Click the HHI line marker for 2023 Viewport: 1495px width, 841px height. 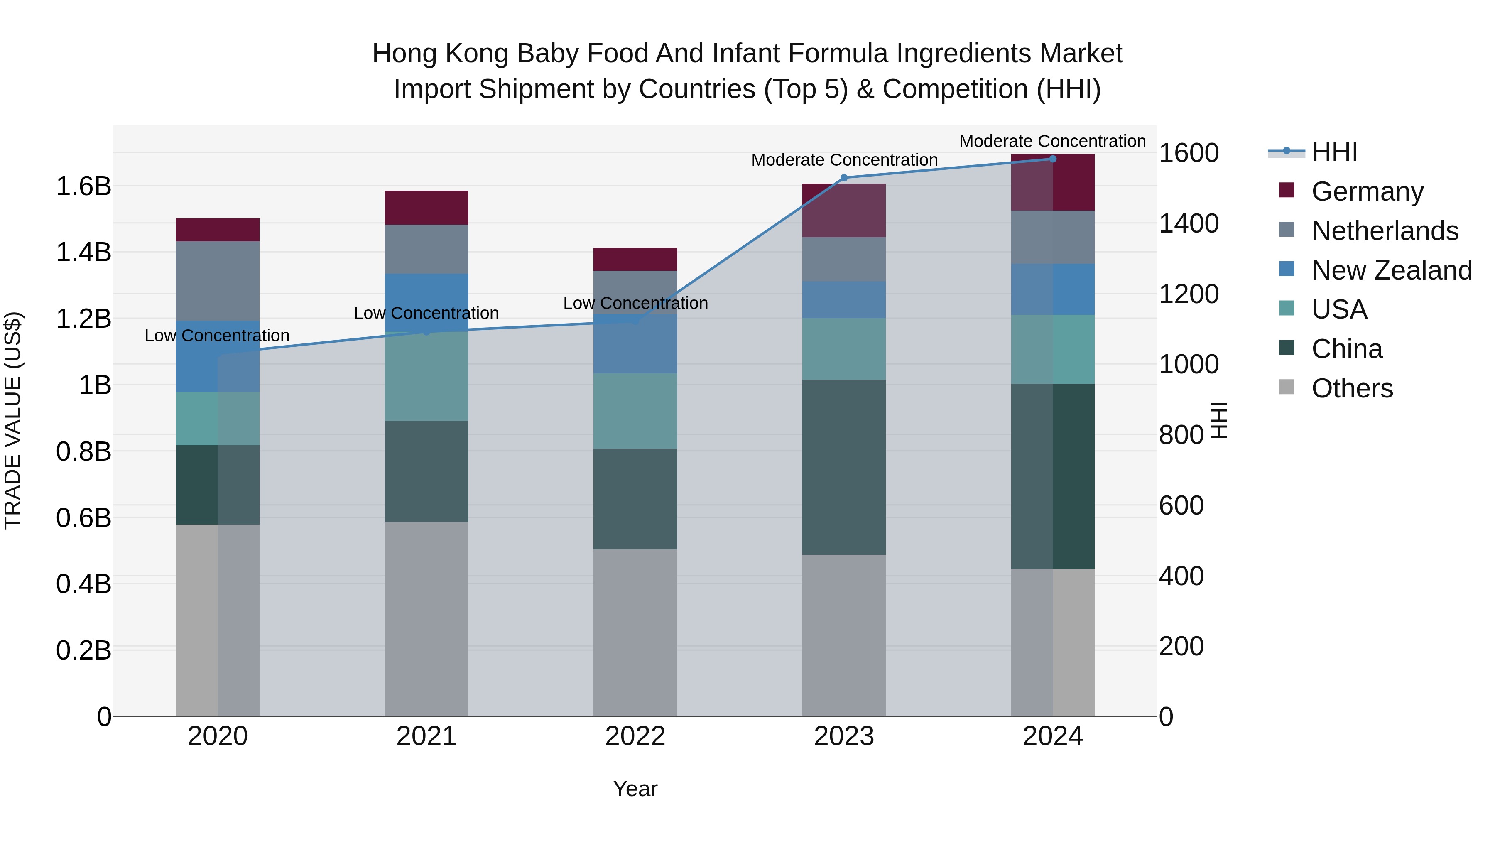(844, 178)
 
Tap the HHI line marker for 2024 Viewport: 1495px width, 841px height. (1053, 159)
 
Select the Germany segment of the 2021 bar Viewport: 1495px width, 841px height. (426, 207)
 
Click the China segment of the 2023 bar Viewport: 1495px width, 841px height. (844, 467)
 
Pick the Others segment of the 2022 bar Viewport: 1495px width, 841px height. (635, 633)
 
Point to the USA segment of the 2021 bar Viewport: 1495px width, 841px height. (426, 376)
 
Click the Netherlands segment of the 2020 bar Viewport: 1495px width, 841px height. (218, 281)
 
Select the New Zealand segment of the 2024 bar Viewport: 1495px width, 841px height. (1053, 289)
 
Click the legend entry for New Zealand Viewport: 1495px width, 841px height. (1391, 270)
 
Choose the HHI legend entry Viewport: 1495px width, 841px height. (1333, 152)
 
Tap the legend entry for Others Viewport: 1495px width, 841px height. (1352, 388)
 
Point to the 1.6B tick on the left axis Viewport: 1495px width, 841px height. (83, 186)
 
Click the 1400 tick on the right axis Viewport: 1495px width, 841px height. (1188, 223)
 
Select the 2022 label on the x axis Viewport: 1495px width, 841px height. (635, 736)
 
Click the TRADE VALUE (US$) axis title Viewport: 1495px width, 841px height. (13, 420)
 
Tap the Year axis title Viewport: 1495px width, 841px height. (635, 789)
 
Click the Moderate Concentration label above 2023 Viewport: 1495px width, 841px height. (844, 159)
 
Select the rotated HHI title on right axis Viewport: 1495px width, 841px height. (1219, 420)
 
